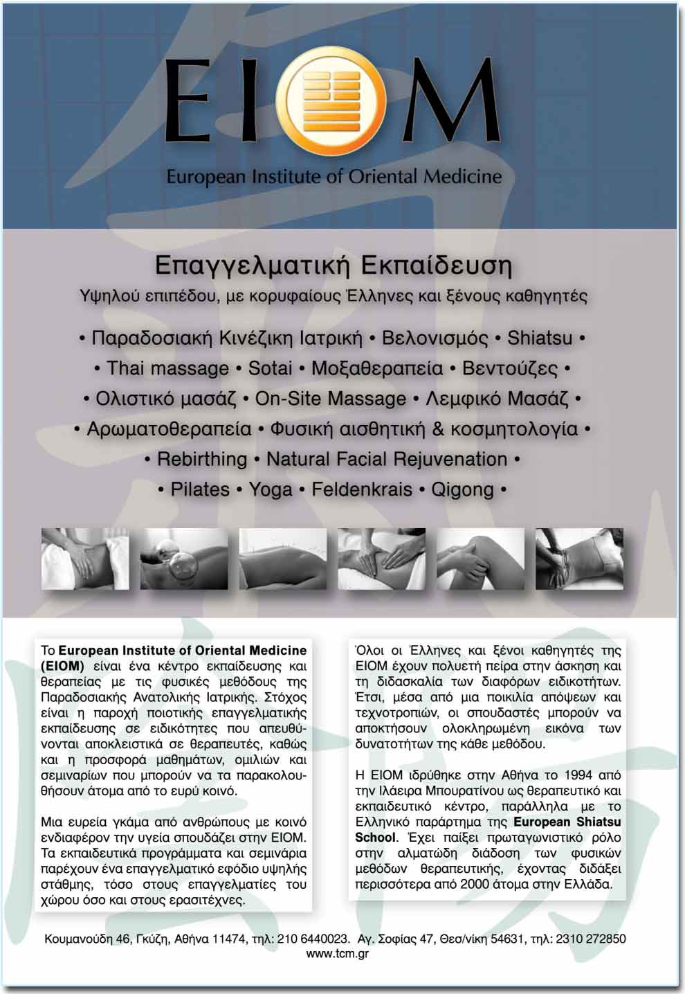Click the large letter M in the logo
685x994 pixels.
pos(450,100)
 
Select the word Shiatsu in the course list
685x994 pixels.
pos(540,338)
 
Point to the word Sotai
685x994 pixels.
pos(270,368)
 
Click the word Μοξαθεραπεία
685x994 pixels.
pos(376,368)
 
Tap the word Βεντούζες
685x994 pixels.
pos(510,368)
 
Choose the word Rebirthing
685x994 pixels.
pos(202,459)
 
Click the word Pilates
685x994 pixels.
pos(200,489)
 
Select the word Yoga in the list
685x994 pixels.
pos(271,489)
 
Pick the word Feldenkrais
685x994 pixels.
pos(362,489)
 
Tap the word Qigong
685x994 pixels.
pos(462,489)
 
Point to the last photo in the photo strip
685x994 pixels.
pos(579,559)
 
